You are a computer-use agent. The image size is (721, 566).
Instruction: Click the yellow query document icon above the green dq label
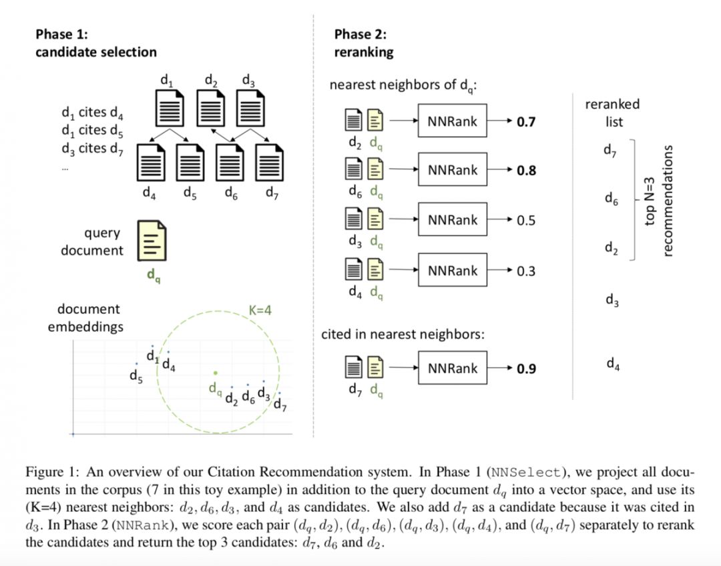tap(152, 241)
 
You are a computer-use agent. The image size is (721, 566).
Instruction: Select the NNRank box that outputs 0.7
tap(453, 121)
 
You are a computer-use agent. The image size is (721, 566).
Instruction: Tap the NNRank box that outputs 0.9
tap(453, 368)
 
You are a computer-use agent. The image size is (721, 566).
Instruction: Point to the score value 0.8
tap(526, 171)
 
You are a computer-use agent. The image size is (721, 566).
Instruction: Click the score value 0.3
tap(526, 271)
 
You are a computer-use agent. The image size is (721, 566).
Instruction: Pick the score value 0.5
tap(526, 221)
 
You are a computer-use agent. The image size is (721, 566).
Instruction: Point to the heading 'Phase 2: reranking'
tap(364, 43)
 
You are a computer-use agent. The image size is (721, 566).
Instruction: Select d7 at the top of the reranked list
tap(610, 151)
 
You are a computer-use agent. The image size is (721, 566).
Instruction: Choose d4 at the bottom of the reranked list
tap(613, 363)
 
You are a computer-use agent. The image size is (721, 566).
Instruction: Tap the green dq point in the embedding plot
tap(215, 373)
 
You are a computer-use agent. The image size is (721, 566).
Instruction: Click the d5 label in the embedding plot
tap(136, 376)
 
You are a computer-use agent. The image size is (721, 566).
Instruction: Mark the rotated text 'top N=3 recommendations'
tap(660, 200)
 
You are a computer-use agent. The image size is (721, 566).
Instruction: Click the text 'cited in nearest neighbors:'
tap(403, 334)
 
